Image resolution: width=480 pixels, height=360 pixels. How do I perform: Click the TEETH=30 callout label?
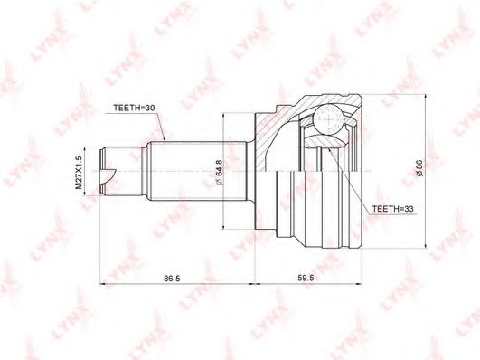pos(135,108)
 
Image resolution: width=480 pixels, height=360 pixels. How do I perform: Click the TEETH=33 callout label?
pos(392,209)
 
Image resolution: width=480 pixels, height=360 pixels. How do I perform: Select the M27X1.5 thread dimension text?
pos(79,172)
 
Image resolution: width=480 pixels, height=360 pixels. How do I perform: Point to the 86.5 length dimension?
pos(172,279)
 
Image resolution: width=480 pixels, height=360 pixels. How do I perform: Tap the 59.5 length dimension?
pos(307,278)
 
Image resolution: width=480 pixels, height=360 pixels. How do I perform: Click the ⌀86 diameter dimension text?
pos(419,168)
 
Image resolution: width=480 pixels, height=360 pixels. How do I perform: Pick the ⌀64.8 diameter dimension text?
pos(220,172)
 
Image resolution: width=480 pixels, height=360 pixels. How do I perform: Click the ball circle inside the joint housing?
pos(328,118)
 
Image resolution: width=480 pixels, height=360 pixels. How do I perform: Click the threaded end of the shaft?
pos(108,171)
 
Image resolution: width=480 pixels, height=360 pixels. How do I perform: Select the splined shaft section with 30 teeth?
pos(196,171)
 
